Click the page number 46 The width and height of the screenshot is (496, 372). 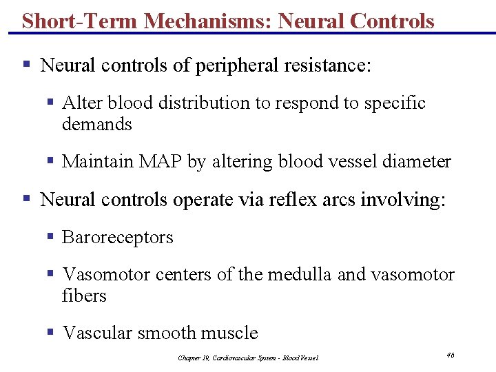(x=450, y=355)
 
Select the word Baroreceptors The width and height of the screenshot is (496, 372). (x=118, y=238)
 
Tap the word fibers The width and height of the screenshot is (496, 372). (x=84, y=296)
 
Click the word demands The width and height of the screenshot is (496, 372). (x=96, y=125)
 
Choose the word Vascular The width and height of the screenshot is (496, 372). (x=98, y=333)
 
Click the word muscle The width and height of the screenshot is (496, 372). (x=229, y=333)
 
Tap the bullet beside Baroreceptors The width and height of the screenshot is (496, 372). (x=50, y=236)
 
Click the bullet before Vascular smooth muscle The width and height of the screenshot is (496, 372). (x=50, y=332)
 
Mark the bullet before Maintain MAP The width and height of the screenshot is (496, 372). (x=50, y=161)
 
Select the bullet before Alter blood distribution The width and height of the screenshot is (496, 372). (x=50, y=102)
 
